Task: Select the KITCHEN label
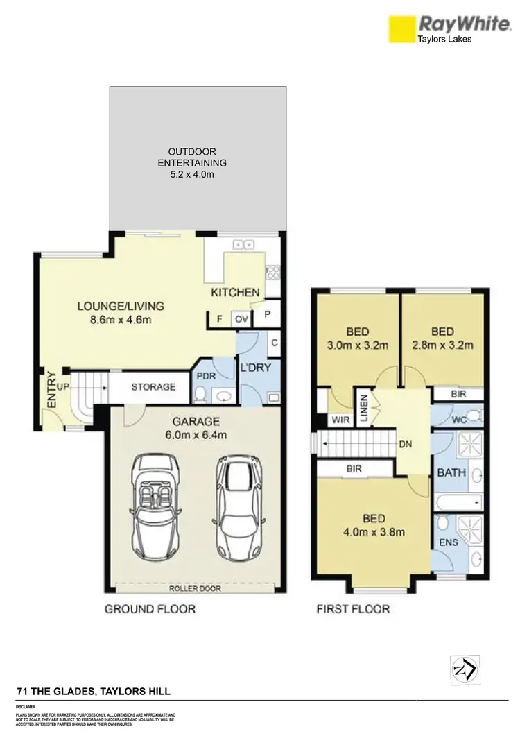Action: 236,293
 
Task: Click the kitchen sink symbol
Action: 243,244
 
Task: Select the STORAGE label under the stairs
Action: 153,387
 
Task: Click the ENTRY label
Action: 51,391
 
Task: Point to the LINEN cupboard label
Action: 363,409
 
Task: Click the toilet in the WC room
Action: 472,416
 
